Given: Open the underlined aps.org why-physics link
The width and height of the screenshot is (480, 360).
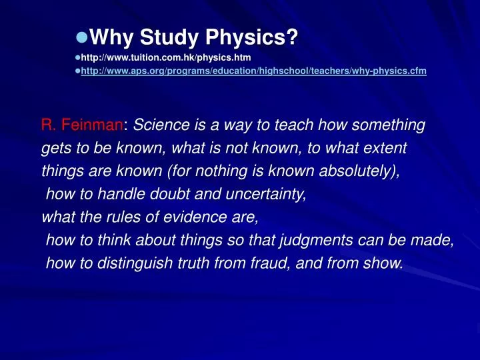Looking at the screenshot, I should [253, 70].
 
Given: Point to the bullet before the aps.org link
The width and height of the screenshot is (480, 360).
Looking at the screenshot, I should [77, 70].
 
